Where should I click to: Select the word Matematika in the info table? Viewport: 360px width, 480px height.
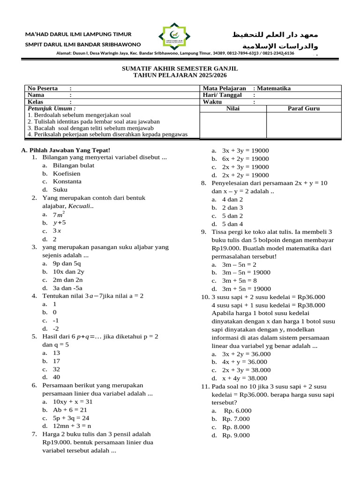point(275,88)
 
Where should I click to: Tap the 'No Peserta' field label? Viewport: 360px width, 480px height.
point(43,88)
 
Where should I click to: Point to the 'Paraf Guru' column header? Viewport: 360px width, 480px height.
point(303,108)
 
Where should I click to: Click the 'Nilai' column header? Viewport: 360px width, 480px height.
point(233,108)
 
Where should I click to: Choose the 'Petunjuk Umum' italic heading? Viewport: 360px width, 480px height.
point(52,108)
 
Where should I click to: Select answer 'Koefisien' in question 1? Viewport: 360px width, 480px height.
point(67,173)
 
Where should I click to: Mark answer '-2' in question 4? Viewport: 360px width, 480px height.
point(55,329)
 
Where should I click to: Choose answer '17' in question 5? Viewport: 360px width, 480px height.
point(56,361)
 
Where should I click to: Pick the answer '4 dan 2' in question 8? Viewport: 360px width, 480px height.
point(232,199)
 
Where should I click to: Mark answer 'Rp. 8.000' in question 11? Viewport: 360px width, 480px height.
point(236,427)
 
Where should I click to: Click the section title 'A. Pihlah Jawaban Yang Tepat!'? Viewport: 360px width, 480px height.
point(66,150)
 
